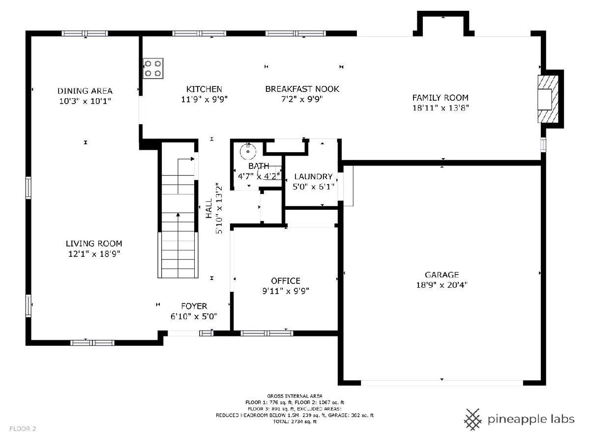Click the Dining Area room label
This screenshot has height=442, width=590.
[85, 91]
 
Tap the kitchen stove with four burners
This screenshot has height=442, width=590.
[153, 68]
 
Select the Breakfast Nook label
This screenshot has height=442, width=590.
[302, 89]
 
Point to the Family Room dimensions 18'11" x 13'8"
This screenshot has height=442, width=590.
[440, 108]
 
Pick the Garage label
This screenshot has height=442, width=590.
[442, 275]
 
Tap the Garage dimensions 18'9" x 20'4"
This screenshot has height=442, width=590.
[442, 285]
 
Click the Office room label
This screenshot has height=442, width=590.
[286, 281]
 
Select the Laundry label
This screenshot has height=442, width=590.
[313, 177]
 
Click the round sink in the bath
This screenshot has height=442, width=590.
[248, 152]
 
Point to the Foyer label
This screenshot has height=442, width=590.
[194, 306]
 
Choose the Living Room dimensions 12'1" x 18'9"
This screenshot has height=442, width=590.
[94, 254]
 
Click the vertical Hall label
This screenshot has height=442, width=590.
[209, 208]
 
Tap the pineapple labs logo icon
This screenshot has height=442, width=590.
[473, 419]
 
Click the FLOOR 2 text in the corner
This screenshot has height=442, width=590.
[23, 429]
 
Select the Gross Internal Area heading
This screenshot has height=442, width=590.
[295, 396]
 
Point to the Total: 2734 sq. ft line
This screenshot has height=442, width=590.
[295, 421]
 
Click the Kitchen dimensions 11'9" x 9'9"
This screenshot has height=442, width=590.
[204, 100]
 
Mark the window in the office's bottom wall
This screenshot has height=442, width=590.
[266, 333]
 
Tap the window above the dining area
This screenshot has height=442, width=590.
[85, 33]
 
